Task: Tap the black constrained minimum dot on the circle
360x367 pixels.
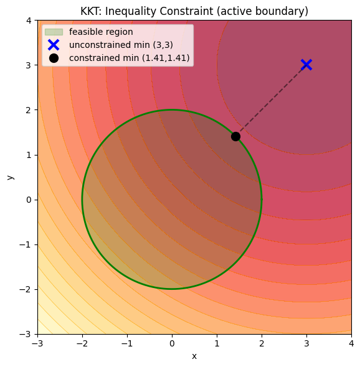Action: point(235,136)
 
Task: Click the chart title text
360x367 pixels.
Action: point(194,11)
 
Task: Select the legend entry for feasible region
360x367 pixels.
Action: point(101,32)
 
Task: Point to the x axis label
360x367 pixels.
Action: point(194,356)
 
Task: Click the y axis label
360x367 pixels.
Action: point(10,177)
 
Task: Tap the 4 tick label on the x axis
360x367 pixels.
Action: point(351,343)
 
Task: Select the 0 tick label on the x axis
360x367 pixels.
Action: point(172,343)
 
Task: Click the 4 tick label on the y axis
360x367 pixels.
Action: point(29,21)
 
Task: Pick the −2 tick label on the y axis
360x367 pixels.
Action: point(26,289)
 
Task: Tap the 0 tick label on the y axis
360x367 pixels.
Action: point(29,200)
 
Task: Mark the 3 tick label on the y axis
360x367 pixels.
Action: point(29,65)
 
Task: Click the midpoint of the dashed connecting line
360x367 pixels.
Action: point(271,101)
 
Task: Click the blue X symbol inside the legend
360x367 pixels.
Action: point(54,45)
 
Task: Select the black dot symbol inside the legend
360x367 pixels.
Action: point(54,58)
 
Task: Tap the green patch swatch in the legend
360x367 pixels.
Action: point(54,32)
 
